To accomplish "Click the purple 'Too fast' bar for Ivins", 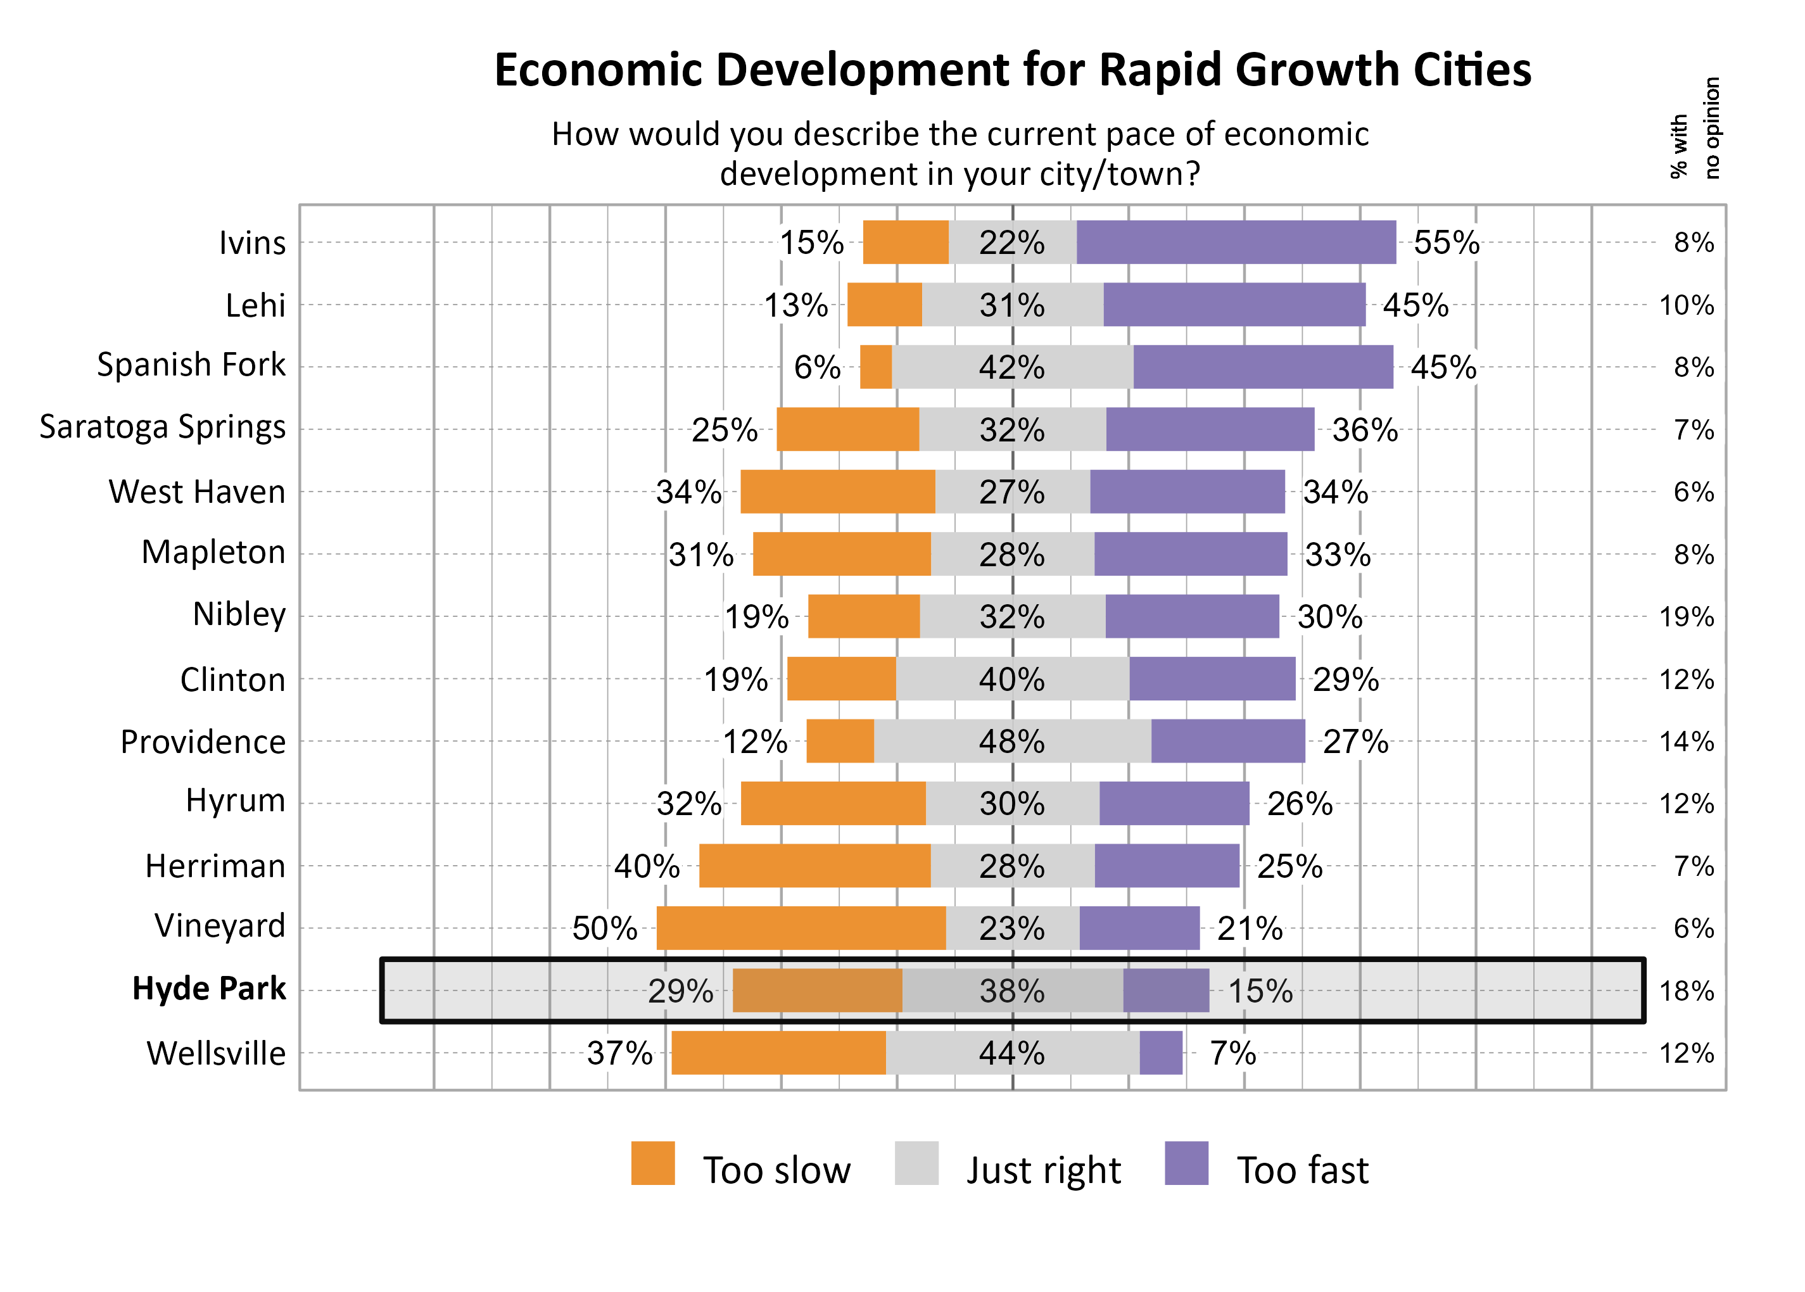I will (x=1236, y=242).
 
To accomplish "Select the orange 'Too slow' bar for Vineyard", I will (x=801, y=928).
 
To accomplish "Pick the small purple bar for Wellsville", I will (x=1161, y=1053).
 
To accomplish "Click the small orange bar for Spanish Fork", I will (x=875, y=367).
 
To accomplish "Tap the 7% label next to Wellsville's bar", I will (x=1232, y=1053).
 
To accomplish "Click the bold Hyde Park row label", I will (x=208, y=989).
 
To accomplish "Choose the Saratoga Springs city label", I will (x=162, y=427).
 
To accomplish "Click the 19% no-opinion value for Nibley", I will (x=1686, y=617).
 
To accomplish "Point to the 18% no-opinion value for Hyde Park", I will (x=1686, y=991).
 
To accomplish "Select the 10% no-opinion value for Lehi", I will (x=1686, y=305).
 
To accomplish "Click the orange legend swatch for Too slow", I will (x=652, y=1163).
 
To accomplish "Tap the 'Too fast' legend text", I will (x=1302, y=1170).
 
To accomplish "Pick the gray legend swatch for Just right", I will (x=916, y=1163).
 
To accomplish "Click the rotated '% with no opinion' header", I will (x=1694, y=129).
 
